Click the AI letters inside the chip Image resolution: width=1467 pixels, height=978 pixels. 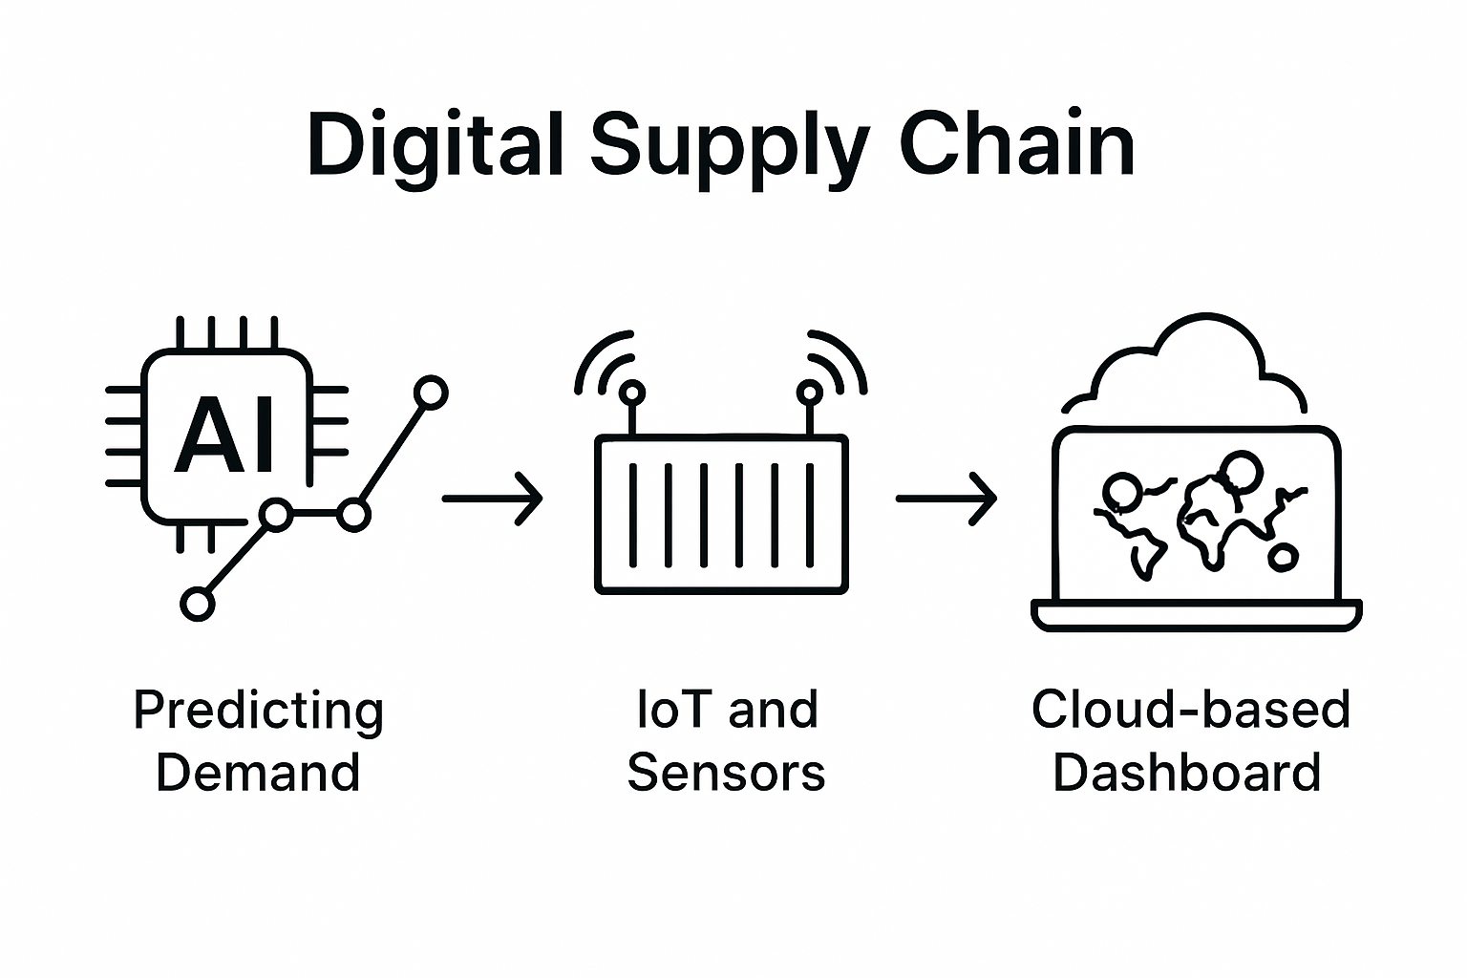(227, 436)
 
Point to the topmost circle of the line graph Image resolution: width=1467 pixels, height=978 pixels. (432, 393)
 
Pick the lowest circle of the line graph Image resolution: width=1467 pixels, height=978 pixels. (198, 604)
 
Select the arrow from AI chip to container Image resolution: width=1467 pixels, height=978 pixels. (492, 499)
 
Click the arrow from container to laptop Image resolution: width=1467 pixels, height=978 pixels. (946, 499)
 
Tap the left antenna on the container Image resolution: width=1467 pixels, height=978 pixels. (630, 401)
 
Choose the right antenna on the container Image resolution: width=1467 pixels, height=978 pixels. (810, 401)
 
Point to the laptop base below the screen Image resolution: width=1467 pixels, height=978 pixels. (1197, 616)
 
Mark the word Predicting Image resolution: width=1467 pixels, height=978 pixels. (258, 712)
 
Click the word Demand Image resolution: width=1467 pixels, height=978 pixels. (258, 772)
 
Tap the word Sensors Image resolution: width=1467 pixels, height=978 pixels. (726, 772)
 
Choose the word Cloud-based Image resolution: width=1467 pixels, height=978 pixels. (1190, 710)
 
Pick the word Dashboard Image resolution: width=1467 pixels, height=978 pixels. (1186, 772)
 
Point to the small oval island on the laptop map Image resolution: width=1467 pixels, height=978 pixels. (1283, 558)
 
